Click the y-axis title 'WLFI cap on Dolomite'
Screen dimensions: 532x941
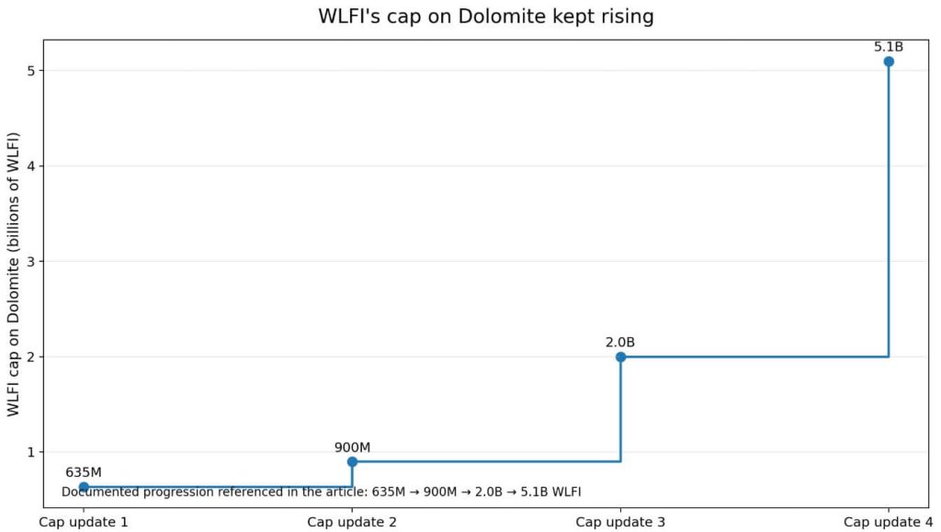15,274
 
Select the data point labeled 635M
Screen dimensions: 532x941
84,487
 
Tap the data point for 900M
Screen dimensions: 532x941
352,461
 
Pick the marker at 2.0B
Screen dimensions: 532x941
620,357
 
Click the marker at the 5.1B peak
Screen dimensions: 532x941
889,62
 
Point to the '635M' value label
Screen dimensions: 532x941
84,472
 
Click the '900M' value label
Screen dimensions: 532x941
352,447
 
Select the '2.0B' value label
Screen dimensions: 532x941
620,343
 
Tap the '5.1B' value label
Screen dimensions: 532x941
889,46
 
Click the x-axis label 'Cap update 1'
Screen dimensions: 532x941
84,522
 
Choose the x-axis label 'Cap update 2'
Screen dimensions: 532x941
352,522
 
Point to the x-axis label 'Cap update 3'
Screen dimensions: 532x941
620,522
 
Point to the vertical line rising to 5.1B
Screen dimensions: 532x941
889,211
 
